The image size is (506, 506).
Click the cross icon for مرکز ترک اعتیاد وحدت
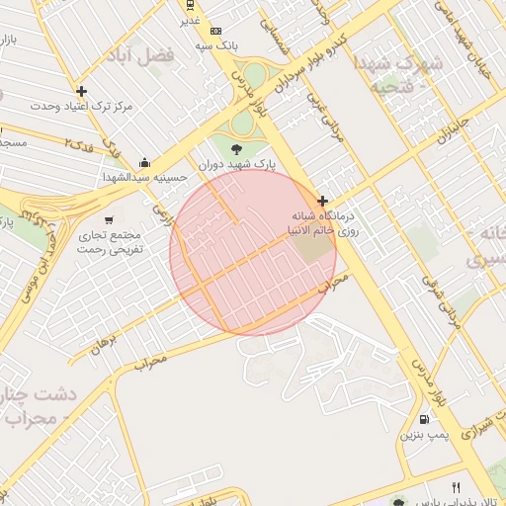pyautogui.click(x=81, y=92)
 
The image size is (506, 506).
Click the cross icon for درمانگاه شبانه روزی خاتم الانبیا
pyautogui.click(x=322, y=201)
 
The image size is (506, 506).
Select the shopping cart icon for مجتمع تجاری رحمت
pyautogui.click(x=108, y=220)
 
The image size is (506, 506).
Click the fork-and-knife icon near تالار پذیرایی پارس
pyautogui.click(x=456, y=487)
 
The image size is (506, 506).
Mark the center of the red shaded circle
pyautogui.click(x=253, y=253)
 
